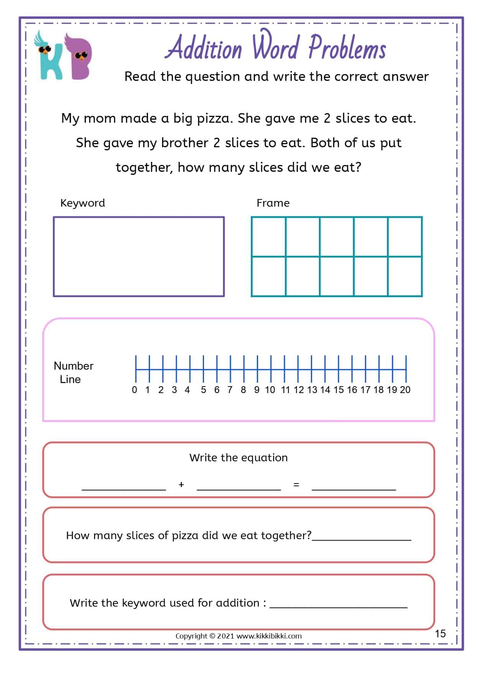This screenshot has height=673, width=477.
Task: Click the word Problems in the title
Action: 347,48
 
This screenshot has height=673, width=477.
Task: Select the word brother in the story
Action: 185,143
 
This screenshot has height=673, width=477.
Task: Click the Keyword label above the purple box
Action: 82,203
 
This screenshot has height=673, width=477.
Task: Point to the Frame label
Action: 273,203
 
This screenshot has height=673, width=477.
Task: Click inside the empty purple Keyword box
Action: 138,257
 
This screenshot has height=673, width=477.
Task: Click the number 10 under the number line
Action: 270,390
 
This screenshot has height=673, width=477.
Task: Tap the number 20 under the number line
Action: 405,390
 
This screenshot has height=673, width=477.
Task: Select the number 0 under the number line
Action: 134,390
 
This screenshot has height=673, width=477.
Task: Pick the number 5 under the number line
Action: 203,390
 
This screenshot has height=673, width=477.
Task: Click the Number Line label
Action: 73,372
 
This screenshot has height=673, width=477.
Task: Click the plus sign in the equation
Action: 181,485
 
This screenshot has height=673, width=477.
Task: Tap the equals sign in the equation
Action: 296,485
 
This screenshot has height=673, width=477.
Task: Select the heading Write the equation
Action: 238,457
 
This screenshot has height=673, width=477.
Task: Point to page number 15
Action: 440,634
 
